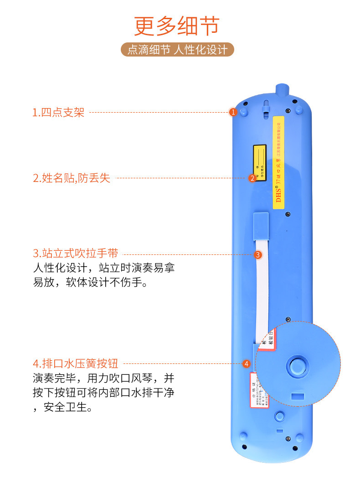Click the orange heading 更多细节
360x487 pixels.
(x=177, y=26)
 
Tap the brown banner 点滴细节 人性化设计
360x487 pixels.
(x=177, y=49)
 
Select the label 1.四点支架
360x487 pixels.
(x=58, y=112)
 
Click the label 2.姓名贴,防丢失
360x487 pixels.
(x=72, y=178)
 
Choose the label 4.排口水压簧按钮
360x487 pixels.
(x=76, y=363)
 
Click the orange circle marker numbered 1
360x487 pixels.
(x=233, y=112)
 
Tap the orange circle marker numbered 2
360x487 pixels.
(x=252, y=178)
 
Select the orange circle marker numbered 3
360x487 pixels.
(x=258, y=255)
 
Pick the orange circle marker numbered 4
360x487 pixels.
(x=246, y=364)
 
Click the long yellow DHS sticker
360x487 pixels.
(x=278, y=162)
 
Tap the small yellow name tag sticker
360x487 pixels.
(x=260, y=163)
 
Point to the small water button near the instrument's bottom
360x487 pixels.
(x=280, y=415)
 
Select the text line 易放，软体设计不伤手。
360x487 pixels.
(x=89, y=283)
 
